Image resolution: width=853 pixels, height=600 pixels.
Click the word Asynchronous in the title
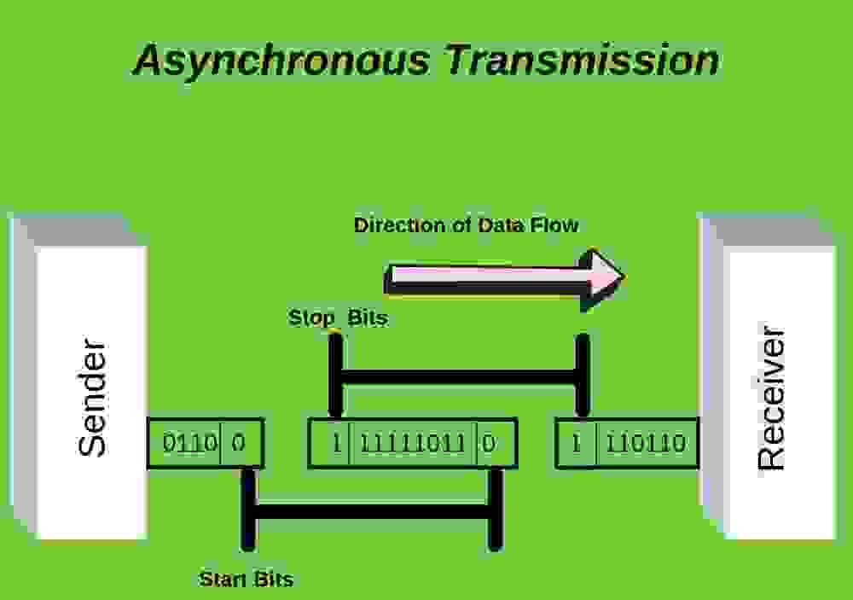point(281,61)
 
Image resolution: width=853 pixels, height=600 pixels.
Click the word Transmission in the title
point(583,59)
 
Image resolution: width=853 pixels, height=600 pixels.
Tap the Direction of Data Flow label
point(467,224)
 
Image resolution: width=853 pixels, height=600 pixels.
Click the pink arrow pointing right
point(504,278)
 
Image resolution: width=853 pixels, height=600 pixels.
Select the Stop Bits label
point(338,317)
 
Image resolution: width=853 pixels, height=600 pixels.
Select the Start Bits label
point(246,579)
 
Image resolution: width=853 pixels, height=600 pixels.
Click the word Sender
point(92,398)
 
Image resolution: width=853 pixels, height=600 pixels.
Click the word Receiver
point(771,398)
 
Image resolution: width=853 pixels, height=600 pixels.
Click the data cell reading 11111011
point(412,443)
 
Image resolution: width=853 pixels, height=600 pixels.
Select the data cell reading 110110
point(647,443)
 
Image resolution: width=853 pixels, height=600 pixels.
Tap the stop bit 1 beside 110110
point(577,443)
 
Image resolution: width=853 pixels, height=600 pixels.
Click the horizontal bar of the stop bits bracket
point(459,376)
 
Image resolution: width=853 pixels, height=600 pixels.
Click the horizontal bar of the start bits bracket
point(372,512)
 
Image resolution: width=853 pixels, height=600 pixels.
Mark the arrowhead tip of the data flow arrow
point(624,277)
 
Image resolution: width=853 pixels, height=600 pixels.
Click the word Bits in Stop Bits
point(368,317)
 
